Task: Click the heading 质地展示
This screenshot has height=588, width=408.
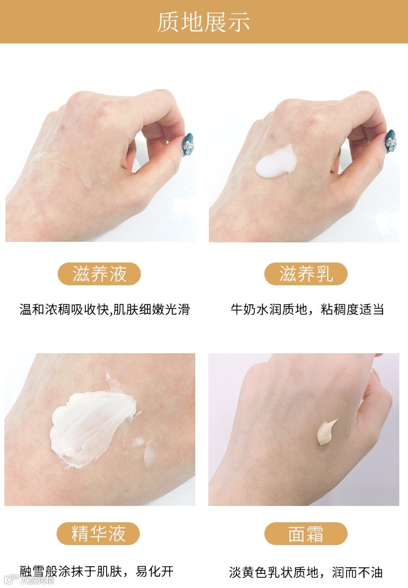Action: tap(203, 22)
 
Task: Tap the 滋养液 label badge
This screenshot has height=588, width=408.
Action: tap(99, 274)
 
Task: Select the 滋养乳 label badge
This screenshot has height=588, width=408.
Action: tap(306, 274)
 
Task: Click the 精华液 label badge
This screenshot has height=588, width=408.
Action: tap(98, 534)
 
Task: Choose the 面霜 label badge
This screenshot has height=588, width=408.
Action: tap(306, 534)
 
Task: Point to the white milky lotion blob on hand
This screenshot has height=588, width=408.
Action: tap(276, 163)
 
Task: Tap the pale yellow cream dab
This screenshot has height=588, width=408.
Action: tap(325, 432)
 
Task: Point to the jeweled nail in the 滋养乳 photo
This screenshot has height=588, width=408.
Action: tap(391, 141)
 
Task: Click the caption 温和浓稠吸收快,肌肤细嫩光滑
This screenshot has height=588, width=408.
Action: tap(105, 310)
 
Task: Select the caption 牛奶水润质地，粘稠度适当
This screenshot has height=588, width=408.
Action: tap(307, 310)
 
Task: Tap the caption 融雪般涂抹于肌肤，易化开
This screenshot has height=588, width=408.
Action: tap(96, 571)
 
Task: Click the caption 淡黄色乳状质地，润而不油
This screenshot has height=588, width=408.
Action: tap(306, 572)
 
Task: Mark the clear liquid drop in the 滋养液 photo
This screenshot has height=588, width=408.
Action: tap(86, 182)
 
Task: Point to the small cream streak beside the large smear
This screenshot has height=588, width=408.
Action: tap(149, 454)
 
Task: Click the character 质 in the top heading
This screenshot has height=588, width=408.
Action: tap(168, 22)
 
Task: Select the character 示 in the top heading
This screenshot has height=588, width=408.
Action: tap(239, 22)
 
